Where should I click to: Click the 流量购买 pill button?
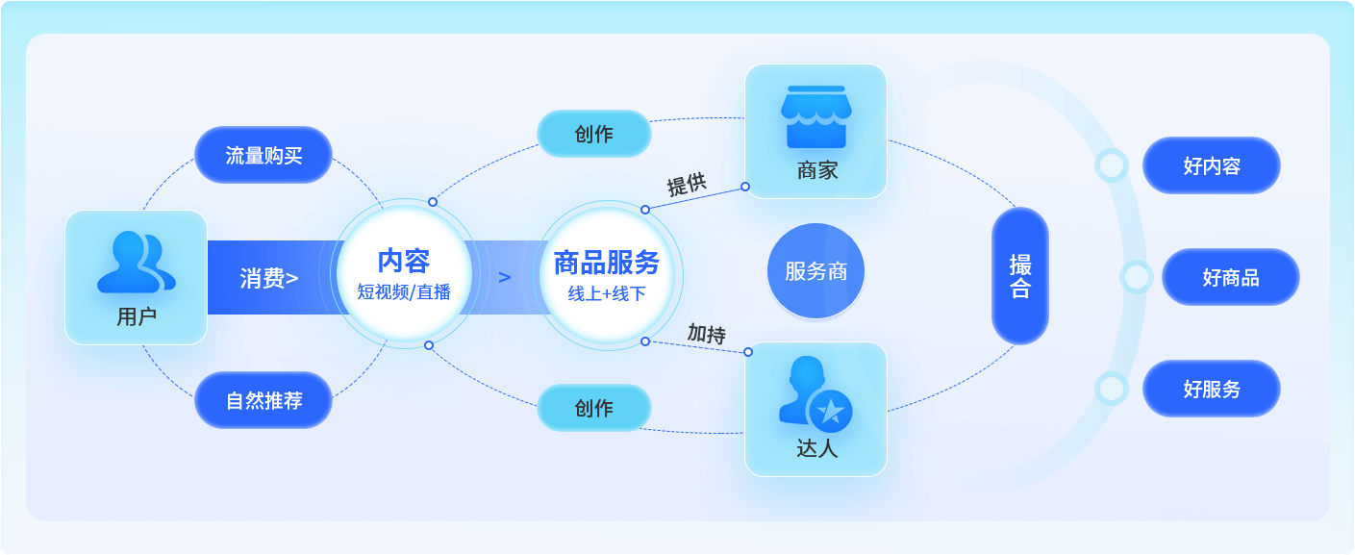tap(263, 155)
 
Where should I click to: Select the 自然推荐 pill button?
tap(263, 400)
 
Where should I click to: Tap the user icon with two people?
tap(136, 262)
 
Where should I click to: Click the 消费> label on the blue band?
tap(268, 278)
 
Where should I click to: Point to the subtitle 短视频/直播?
tap(404, 292)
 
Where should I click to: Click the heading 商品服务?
tap(607, 262)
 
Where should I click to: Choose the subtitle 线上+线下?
tap(607, 293)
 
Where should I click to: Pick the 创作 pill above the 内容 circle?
tap(593, 134)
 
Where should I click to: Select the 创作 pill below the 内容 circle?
tap(593, 408)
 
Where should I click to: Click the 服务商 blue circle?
tap(816, 271)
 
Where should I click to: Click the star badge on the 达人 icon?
tap(830, 412)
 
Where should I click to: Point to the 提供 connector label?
tap(687, 185)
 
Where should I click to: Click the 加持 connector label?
tap(706, 334)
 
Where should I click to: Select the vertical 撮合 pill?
tap(1020, 276)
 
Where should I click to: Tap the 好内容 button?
tap(1212, 165)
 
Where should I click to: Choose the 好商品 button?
tap(1230, 277)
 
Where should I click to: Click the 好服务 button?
tap(1212, 389)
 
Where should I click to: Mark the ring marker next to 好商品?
tap(1137, 277)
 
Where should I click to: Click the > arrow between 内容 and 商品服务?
tap(505, 278)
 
